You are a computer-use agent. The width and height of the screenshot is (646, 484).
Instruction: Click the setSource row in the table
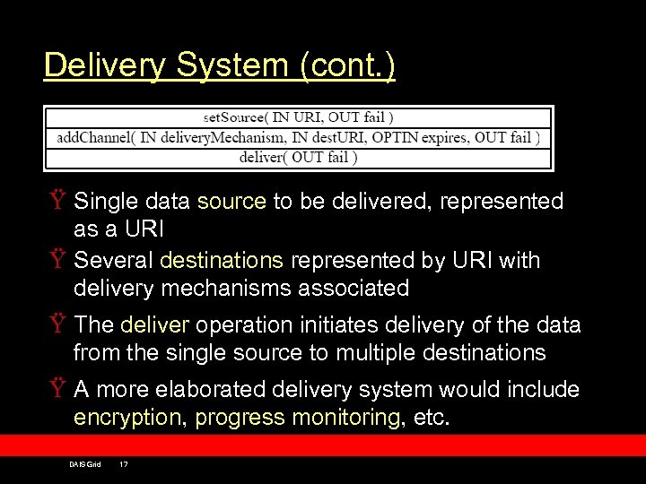pos(299,117)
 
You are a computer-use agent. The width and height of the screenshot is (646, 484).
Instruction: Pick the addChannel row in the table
pos(299,137)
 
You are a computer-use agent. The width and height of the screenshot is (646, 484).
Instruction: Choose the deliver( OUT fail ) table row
pos(299,158)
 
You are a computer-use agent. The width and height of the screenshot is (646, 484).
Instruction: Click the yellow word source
pos(231,202)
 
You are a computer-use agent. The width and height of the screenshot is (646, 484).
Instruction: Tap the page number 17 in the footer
pos(124,463)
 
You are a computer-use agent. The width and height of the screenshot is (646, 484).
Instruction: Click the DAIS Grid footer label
pos(84,463)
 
